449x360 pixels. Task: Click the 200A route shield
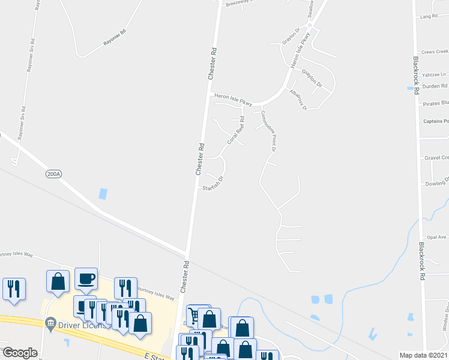(53, 173)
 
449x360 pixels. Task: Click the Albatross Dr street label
(298, 100)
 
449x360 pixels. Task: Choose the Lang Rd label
(429, 16)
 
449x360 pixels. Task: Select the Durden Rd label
(435, 86)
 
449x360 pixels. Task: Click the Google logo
(20, 353)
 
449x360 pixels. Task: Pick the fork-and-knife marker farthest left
(13, 288)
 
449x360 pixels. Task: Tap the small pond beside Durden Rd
(416, 90)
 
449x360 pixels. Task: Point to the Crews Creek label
(435, 52)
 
